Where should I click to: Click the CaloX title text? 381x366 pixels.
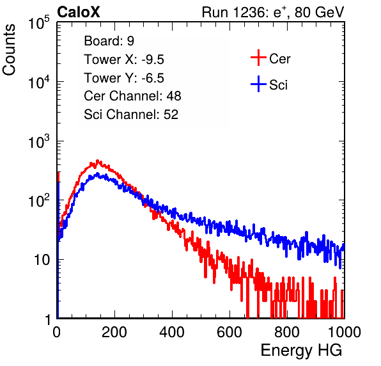(78, 12)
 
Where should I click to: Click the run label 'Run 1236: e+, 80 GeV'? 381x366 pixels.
(273, 12)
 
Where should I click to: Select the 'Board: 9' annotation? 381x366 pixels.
(109, 41)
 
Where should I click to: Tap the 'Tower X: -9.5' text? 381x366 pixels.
(124, 60)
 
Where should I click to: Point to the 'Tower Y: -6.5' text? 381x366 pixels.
(124, 78)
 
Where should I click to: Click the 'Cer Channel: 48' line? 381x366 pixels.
(132, 96)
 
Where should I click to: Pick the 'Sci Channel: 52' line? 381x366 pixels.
(131, 115)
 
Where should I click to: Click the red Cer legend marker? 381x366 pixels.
(258, 58)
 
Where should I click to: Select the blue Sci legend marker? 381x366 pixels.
(258, 84)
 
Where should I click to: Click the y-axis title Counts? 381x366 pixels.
(9, 50)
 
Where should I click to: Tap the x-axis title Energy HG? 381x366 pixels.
(301, 351)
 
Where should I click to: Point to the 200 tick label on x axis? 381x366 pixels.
(114, 332)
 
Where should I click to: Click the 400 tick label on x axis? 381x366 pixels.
(172, 332)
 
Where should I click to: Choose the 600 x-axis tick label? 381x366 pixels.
(229, 332)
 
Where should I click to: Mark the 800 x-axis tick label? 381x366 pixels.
(287, 332)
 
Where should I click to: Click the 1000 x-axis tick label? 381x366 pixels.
(345, 332)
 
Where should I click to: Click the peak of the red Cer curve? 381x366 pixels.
(98, 161)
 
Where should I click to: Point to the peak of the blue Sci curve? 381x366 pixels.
(98, 173)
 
